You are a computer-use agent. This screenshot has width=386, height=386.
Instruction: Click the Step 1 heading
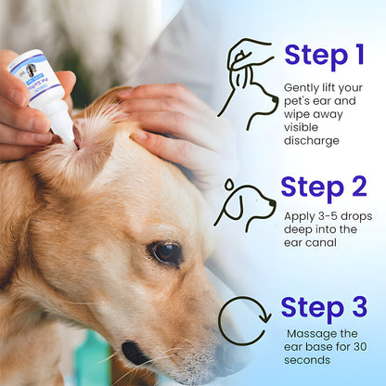(324, 56)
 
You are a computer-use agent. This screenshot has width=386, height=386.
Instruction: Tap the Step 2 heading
(324, 187)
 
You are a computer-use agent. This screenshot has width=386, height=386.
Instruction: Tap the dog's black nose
(135, 353)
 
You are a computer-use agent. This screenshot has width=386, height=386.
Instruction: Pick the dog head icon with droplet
(245, 205)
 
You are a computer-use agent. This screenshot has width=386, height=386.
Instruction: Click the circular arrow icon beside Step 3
(244, 320)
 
